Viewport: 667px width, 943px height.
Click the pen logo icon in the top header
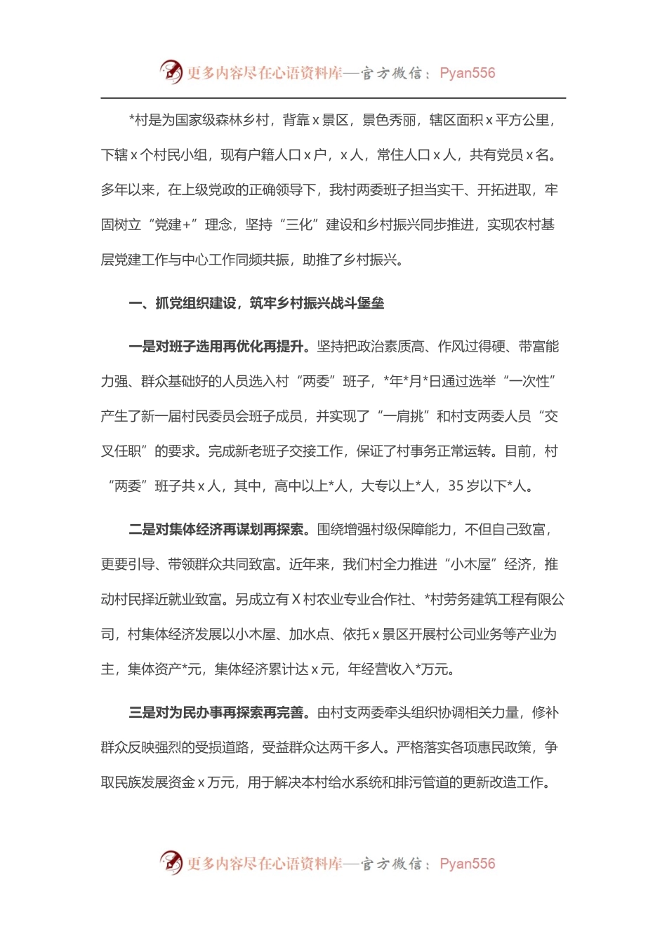point(171,72)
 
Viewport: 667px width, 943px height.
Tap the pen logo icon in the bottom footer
point(171,862)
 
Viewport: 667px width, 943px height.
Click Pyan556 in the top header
point(467,73)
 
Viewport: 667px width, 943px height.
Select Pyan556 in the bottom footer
point(467,864)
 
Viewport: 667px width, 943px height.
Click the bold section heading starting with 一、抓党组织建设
point(256,303)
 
